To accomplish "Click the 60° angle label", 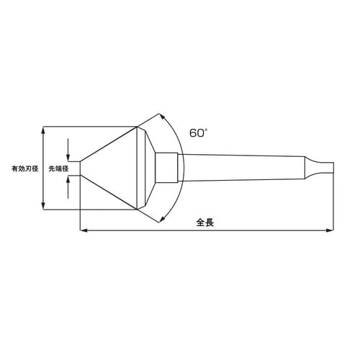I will click(198, 133).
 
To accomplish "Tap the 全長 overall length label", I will click(205, 222).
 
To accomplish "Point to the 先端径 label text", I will click(58, 169).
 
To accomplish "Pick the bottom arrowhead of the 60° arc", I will click(163, 222).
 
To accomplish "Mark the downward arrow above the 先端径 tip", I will click(68, 157).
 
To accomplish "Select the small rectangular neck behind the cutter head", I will click(166, 169).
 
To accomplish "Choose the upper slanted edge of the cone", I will click(108, 143).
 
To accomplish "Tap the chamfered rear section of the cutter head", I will click(146, 169).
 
